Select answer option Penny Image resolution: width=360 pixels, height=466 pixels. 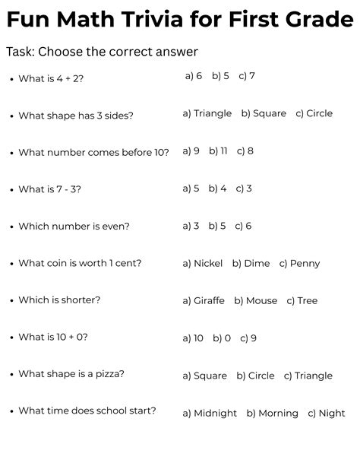tap(305, 264)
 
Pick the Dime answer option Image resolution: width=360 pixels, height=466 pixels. tap(257, 264)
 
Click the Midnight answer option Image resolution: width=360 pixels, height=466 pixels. tap(215, 414)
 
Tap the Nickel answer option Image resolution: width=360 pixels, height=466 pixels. tap(207, 264)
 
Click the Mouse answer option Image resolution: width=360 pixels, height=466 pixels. tap(261, 301)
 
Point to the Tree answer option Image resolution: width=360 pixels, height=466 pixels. tap(307, 301)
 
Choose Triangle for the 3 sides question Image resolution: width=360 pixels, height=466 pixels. tap(212, 113)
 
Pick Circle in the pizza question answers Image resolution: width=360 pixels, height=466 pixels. tap(261, 376)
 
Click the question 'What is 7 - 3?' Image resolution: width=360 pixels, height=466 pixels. tap(50, 189)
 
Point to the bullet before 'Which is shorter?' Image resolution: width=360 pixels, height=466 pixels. tap(11, 302)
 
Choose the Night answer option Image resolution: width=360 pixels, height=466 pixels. tap(331, 414)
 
